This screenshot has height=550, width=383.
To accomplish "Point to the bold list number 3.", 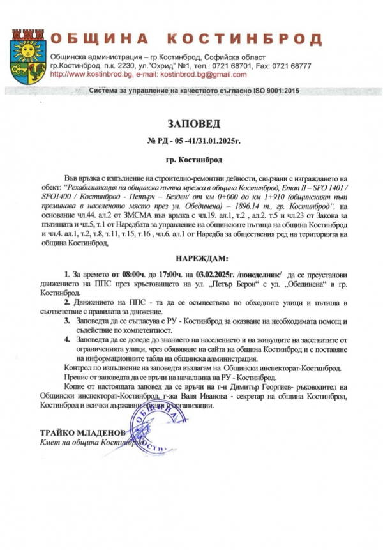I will tap(68, 320).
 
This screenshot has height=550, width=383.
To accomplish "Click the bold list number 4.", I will tap(68, 339).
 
